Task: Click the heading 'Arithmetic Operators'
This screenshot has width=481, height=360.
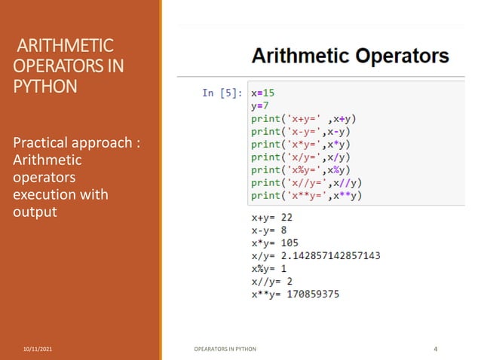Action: tap(350, 56)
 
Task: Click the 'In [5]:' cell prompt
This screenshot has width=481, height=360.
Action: tap(222, 93)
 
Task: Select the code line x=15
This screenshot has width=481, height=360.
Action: tap(263, 93)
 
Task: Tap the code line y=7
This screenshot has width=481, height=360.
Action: tap(259, 106)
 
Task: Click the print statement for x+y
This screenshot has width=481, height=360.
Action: tap(304, 119)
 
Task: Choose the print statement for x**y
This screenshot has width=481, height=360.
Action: tap(307, 196)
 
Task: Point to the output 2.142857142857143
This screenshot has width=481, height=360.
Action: tap(333, 255)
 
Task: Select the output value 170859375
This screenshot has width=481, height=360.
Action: tap(314, 294)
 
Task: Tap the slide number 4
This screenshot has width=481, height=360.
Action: tap(436, 349)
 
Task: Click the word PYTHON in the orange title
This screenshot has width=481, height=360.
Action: tap(45, 86)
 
